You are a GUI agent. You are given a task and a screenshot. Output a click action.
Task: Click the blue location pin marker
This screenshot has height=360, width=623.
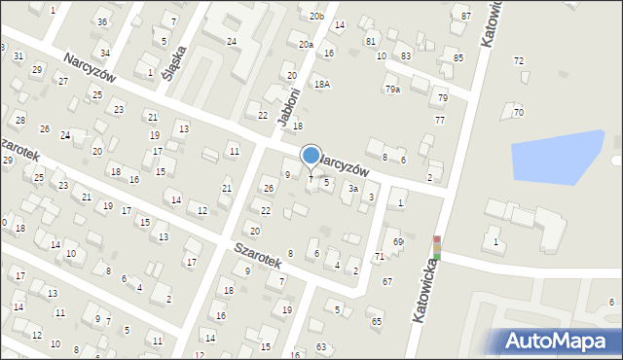click(311, 156)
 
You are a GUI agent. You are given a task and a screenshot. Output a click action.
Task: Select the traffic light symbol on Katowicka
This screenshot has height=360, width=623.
click(437, 248)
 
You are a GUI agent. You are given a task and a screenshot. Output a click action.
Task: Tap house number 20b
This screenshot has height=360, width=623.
click(316, 17)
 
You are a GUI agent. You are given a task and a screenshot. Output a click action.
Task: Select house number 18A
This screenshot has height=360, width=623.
click(321, 85)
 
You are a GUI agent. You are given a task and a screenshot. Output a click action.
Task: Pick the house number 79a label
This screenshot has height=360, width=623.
click(391, 90)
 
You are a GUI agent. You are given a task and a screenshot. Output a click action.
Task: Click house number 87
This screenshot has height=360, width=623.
click(466, 17)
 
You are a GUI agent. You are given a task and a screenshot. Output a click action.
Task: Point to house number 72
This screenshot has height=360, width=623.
click(519, 61)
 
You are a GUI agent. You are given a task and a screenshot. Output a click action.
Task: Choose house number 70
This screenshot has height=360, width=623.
click(519, 113)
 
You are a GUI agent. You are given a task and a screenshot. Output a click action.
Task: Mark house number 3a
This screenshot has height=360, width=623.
click(353, 189)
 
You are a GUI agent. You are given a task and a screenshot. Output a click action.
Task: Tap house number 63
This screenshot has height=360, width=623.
click(322, 345)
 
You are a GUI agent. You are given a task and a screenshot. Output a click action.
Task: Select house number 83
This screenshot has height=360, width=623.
click(405, 56)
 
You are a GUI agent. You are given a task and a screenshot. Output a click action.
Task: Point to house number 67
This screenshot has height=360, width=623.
click(387, 281)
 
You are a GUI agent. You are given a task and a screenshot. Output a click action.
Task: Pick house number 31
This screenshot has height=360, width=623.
click(18, 56)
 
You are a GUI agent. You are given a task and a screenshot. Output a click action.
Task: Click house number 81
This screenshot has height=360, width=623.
click(370, 42)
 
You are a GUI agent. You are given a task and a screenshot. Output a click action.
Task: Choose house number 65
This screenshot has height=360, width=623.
click(377, 321)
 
